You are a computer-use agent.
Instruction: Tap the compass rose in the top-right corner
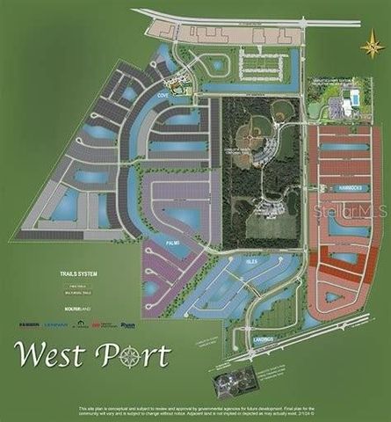(372, 45)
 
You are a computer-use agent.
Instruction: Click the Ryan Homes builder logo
(127, 324)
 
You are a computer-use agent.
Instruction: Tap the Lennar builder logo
(58, 324)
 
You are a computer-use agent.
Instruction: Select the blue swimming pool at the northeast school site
(354, 96)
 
